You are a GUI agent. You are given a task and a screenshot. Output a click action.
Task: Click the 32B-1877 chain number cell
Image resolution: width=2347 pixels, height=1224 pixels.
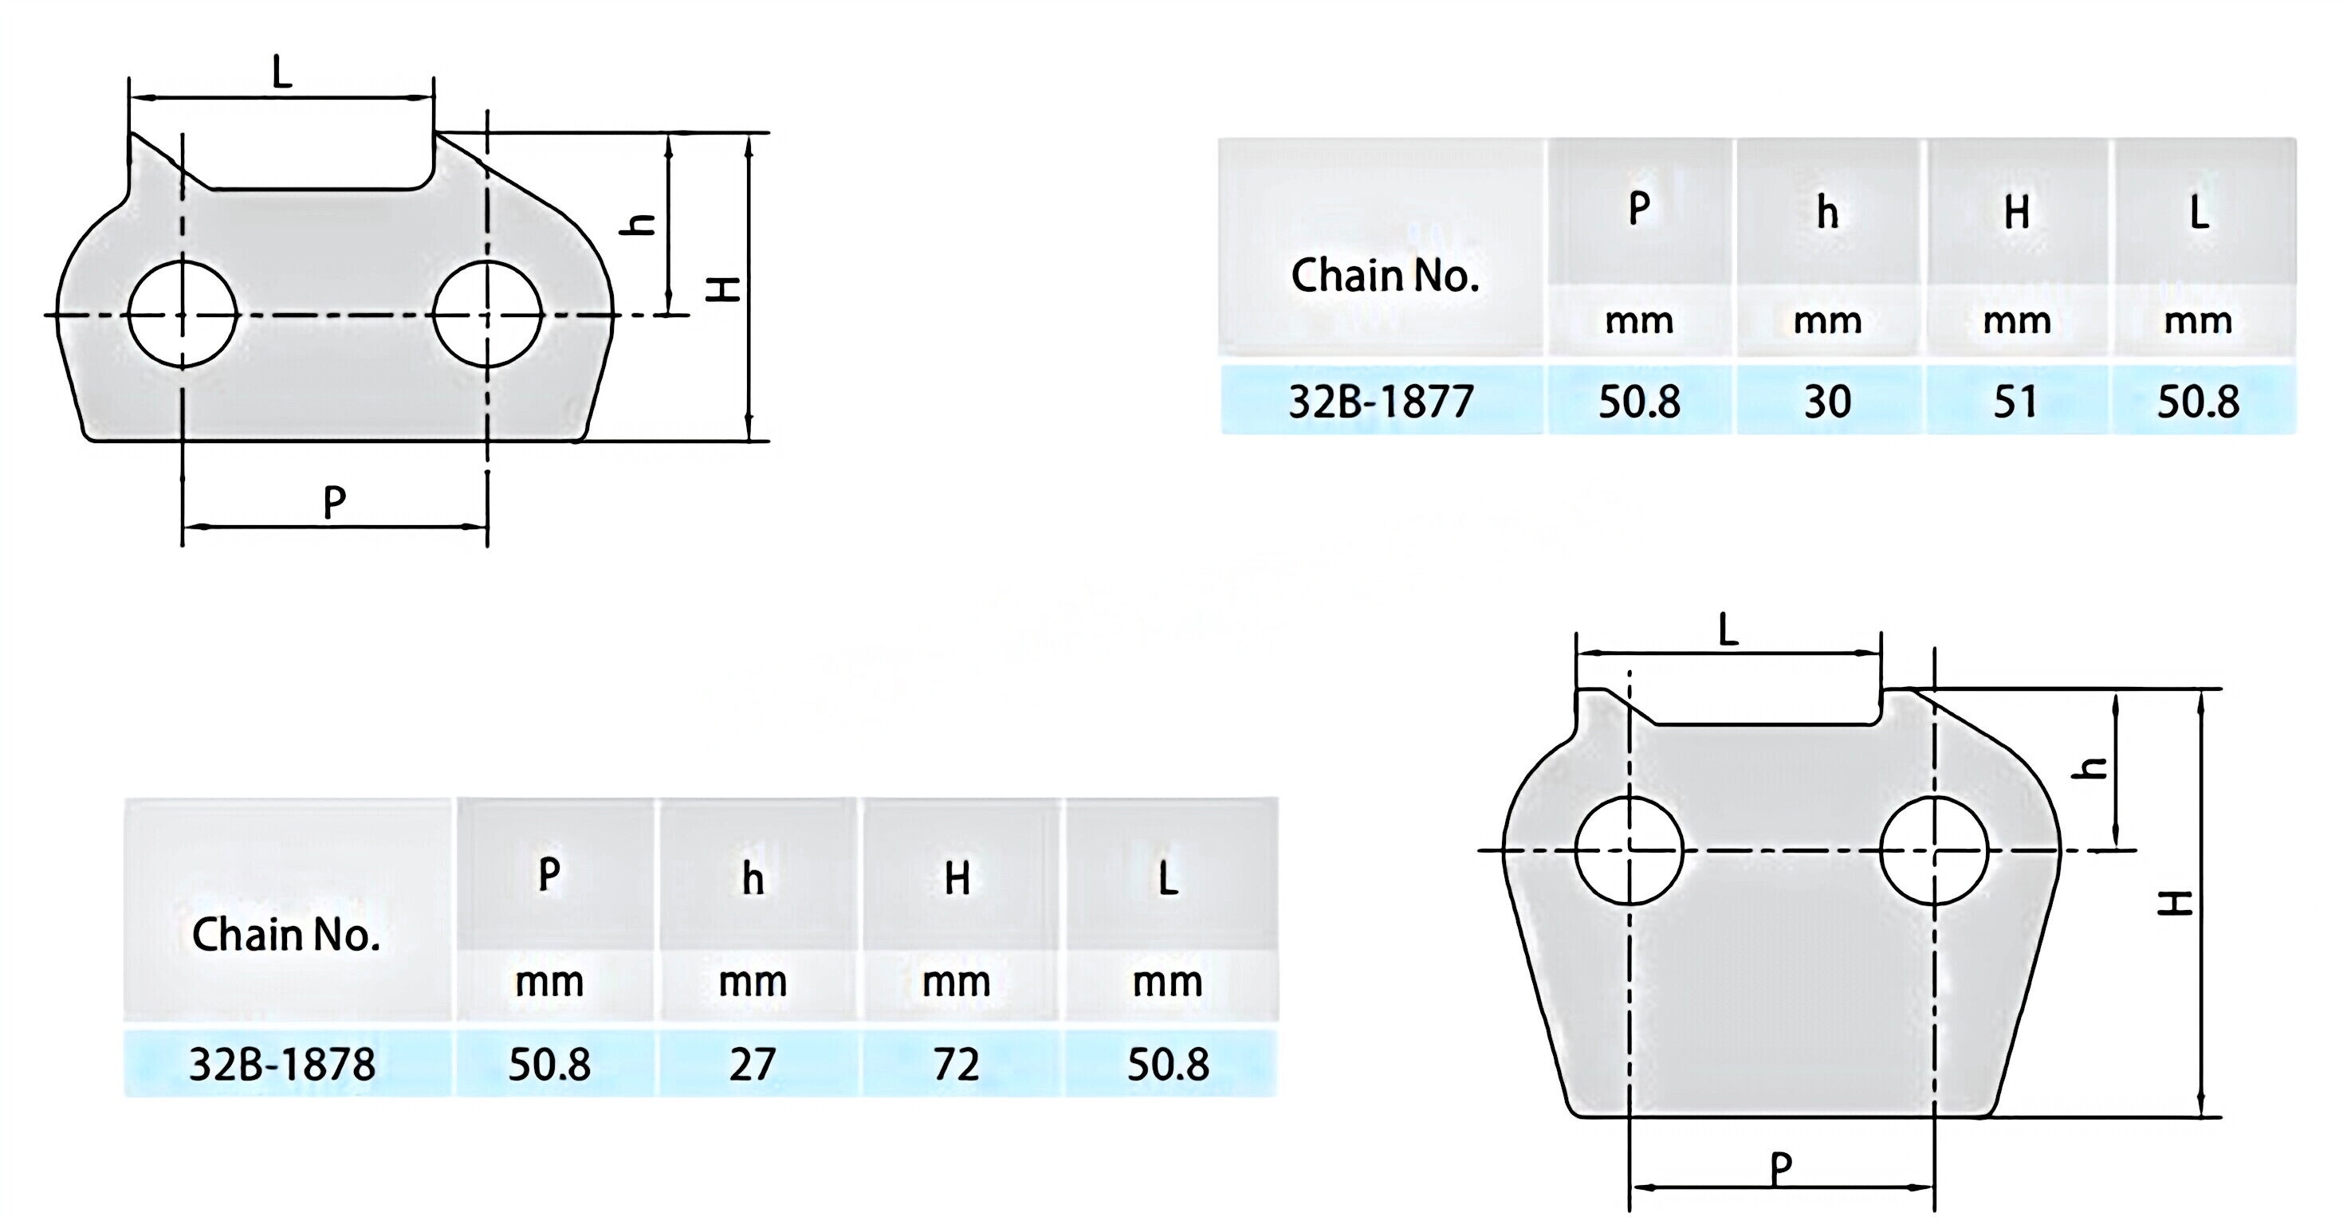click(1382, 401)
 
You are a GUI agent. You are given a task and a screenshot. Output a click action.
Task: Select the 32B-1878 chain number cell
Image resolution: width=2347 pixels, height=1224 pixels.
click(282, 1064)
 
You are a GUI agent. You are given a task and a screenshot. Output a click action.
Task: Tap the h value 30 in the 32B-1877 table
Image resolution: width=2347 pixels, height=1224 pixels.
click(1828, 401)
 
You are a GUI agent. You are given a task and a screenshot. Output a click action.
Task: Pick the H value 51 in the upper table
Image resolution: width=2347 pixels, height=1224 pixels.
click(2015, 401)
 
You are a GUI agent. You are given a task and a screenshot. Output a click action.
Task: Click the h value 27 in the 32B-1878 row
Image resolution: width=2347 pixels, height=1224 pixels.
click(753, 1064)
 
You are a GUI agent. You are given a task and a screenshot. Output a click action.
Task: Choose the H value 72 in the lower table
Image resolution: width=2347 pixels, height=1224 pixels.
click(957, 1064)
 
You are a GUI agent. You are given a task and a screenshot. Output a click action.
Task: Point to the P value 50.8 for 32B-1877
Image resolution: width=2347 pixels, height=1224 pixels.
click(1639, 401)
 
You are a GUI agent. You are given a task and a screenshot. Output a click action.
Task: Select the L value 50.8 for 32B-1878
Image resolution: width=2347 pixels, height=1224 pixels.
click(1168, 1064)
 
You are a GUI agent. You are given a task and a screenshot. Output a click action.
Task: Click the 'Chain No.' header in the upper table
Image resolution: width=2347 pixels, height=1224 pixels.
click(1385, 275)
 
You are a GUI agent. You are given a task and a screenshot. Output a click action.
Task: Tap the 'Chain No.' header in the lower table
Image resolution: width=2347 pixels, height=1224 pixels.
click(286, 935)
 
